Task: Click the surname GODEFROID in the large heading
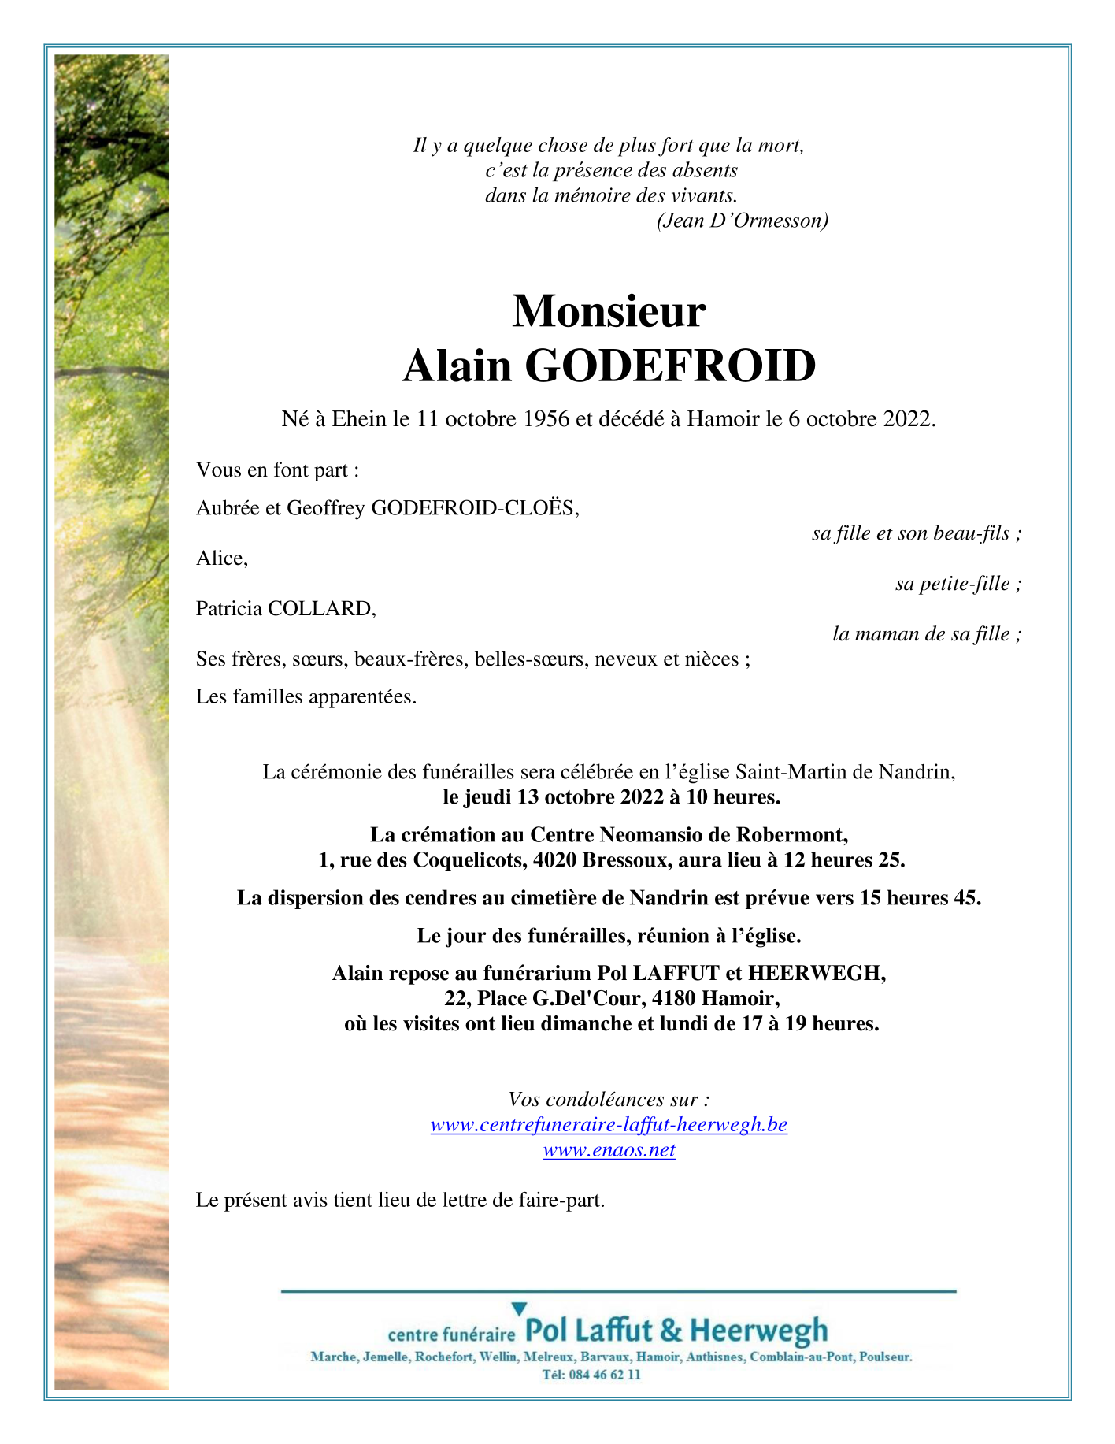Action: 669,366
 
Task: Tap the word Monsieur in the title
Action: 609,311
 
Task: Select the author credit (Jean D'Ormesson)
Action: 742,221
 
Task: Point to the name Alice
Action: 221,559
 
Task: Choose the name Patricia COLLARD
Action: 286,608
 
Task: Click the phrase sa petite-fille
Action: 958,584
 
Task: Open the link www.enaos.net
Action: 609,1150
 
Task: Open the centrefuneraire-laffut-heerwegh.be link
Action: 609,1125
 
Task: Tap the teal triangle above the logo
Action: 519,1309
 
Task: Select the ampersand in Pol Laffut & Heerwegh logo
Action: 671,1331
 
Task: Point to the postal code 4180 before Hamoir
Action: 675,999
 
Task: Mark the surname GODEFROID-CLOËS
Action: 475,508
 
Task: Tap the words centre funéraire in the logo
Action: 451,1334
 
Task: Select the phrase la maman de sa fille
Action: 926,634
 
